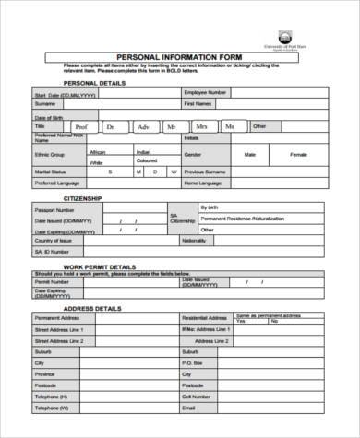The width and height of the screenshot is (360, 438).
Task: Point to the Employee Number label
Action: tap(207, 93)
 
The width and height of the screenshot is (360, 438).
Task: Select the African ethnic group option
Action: tap(98, 150)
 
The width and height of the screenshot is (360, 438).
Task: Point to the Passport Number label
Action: tap(55, 210)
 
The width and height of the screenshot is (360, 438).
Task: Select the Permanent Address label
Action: tap(58, 318)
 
